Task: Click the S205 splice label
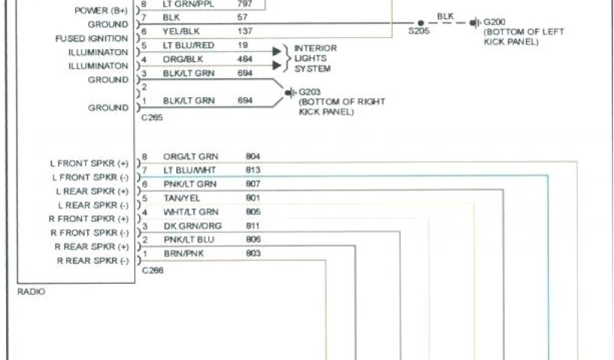click(x=419, y=32)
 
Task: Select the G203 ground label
click(x=309, y=92)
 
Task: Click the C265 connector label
click(x=152, y=118)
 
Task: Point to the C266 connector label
click(x=152, y=271)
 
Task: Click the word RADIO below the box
click(x=31, y=292)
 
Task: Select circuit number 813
click(x=253, y=170)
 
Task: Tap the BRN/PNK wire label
click(x=183, y=254)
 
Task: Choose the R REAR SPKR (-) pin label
click(x=92, y=260)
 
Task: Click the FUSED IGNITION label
click(x=92, y=38)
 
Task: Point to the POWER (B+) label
click(x=101, y=11)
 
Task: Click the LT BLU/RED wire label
click(x=188, y=45)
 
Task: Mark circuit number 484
click(x=245, y=59)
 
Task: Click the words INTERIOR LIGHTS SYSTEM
click(x=315, y=59)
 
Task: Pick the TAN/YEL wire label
click(x=182, y=198)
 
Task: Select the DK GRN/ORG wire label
click(x=192, y=226)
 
